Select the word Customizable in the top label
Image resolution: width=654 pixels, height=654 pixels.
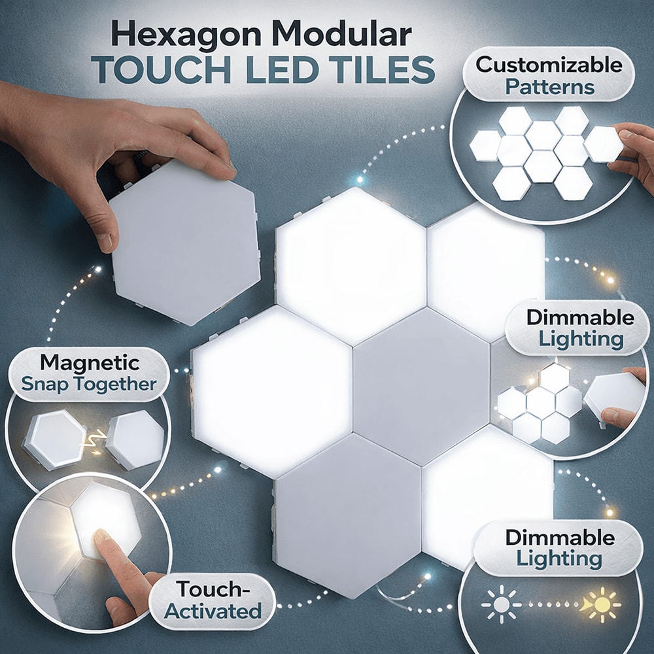549,65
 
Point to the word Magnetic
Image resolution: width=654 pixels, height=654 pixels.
90,362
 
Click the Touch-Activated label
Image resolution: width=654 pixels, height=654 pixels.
213,600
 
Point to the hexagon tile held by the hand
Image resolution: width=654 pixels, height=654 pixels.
185,242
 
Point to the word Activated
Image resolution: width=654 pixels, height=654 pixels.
213,612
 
